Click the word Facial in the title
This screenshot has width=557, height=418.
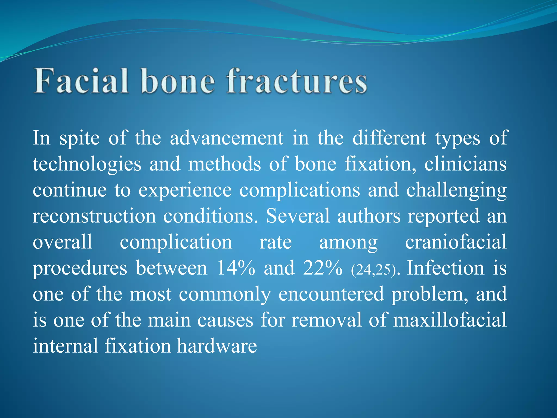81,81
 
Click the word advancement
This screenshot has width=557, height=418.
227,138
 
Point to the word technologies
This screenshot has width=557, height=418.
87,164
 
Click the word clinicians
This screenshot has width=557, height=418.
465,164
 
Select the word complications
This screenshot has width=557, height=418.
300,190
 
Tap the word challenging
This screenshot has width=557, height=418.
456,190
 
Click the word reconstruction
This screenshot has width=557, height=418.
94,216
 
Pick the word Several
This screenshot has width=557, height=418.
298,216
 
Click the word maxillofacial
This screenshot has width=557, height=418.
450,320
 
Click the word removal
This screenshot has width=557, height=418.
327,320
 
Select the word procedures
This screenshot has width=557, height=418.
80,268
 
